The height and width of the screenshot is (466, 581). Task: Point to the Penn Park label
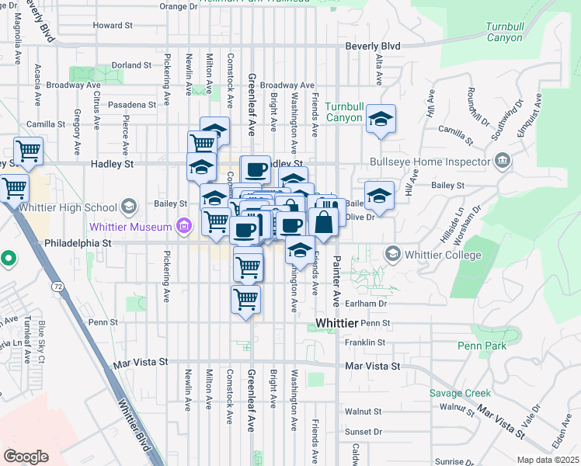pos(482,346)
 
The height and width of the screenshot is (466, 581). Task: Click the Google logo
pos(26,456)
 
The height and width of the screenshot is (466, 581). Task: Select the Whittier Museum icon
pos(184,227)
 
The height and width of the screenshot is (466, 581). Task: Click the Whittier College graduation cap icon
pos(393,255)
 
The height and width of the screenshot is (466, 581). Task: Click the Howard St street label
pos(113,25)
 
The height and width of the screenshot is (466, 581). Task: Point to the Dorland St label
pos(130,65)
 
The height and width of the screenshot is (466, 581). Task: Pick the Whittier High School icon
pos(129,207)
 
